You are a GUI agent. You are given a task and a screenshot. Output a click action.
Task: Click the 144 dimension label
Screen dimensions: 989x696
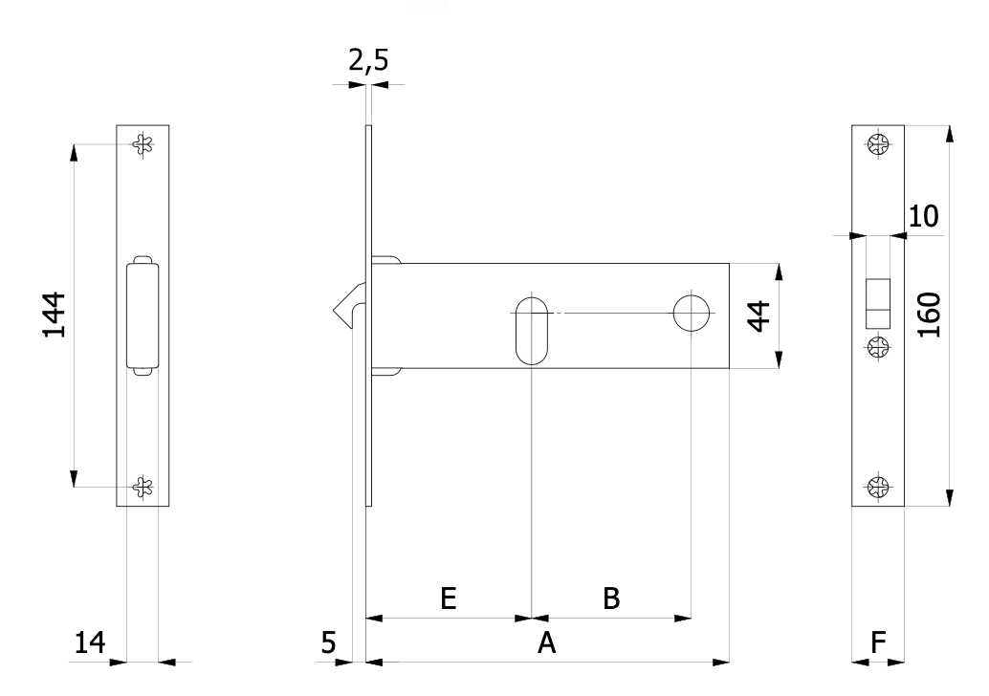(x=55, y=315)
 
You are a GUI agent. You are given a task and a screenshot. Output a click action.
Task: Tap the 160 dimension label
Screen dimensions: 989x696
(x=929, y=315)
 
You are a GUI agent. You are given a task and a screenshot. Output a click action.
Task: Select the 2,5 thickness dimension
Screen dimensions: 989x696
(x=368, y=61)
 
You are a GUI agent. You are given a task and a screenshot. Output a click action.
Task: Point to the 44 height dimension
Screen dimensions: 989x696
(x=758, y=315)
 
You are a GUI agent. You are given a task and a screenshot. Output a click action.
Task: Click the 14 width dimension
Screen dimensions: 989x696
(x=90, y=643)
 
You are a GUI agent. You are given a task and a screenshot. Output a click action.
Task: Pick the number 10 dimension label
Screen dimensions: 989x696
(x=923, y=216)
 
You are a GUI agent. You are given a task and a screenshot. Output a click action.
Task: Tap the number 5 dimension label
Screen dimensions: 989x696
(x=329, y=643)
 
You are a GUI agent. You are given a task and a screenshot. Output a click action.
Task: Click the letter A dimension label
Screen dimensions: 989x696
(x=546, y=643)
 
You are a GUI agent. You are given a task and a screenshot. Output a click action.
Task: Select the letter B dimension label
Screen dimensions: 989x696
(x=611, y=598)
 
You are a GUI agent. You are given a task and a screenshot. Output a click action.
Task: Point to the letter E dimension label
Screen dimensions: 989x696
(x=448, y=598)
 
